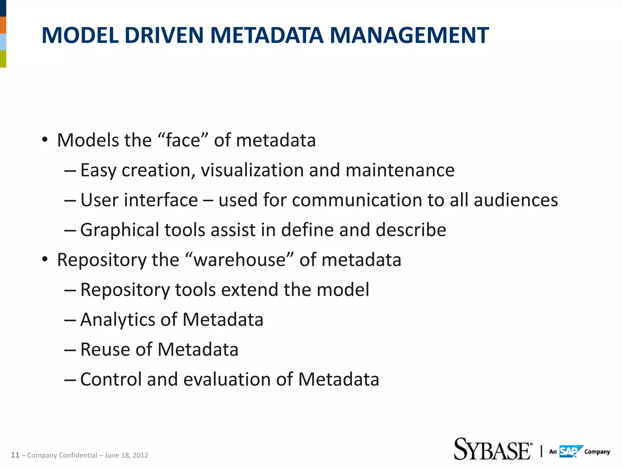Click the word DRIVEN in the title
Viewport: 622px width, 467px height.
[x=164, y=35]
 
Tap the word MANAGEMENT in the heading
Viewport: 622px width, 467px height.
[x=409, y=35]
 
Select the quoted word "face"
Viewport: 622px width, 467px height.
[x=183, y=140]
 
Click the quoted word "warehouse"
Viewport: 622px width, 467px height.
[x=240, y=260]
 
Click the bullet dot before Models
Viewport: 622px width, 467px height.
[x=45, y=140]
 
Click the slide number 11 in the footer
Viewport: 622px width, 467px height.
[x=15, y=455]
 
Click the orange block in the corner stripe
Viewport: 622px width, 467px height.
[x=3, y=25]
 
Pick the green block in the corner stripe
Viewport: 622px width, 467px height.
[x=3, y=59]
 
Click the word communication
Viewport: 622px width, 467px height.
[x=357, y=200]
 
